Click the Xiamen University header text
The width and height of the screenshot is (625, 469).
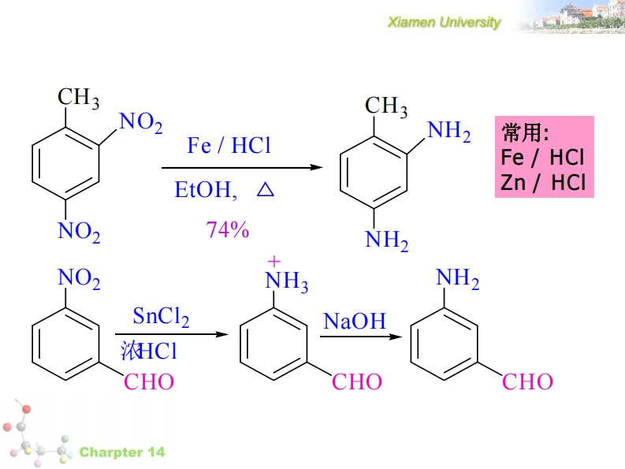444,22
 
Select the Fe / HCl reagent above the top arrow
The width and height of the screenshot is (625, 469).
229,146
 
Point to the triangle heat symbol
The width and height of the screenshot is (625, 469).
265,191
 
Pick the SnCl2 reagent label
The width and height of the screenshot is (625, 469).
162,318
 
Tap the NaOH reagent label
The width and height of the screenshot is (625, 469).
355,321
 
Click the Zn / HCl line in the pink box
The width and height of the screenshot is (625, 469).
543,183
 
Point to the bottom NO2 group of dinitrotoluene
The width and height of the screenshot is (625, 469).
79,232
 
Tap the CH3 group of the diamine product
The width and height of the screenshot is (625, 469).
386,106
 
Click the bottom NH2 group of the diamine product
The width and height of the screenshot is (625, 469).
387,240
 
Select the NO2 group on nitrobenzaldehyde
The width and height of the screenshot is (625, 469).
80,278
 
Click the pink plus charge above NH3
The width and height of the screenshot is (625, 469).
273,260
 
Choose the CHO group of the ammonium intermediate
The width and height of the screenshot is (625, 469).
356,382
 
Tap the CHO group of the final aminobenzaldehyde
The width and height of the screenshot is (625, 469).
528,382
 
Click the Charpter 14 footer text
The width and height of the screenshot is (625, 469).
122,452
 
